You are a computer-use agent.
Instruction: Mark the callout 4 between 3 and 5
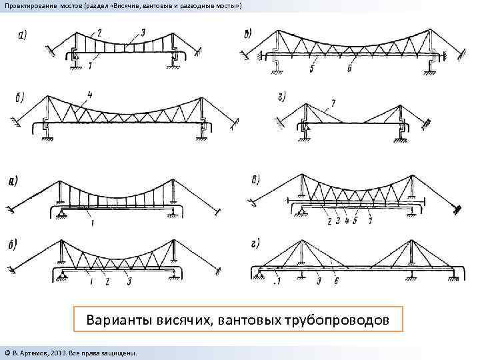(x=347, y=219)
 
